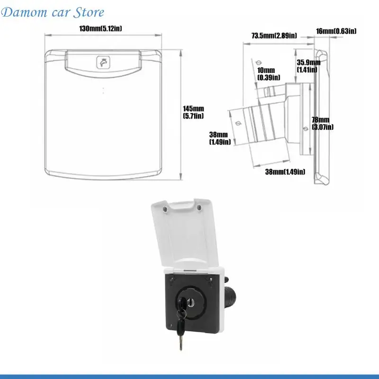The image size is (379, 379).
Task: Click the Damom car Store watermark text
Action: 53,12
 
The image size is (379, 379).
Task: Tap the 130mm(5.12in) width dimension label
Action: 100,28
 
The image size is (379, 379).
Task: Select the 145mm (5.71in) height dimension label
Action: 193,112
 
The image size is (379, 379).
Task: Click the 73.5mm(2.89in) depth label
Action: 274,36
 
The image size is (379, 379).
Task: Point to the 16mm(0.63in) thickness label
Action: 336,31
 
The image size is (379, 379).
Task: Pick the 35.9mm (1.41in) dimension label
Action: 309,66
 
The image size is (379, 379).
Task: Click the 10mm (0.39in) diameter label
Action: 269,74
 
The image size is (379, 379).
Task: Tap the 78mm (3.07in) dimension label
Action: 323,123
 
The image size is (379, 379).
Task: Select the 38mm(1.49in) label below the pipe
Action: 285,172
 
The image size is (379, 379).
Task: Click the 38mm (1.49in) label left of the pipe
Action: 220,138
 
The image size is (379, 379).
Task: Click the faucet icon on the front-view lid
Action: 103,63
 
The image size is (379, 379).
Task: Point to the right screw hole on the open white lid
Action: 199,207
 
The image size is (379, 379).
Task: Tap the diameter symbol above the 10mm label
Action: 259,63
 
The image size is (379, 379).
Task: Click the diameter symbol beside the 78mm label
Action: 306,128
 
